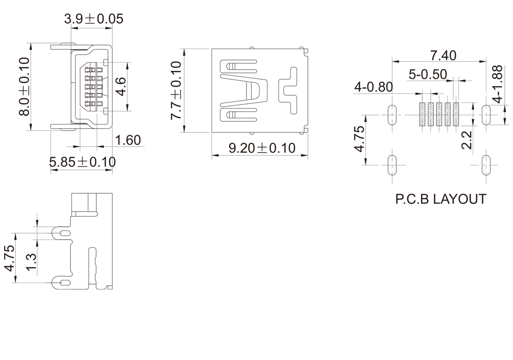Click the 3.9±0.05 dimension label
(x=93, y=19)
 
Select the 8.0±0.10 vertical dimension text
(x=24, y=87)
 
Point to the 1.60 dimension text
(x=128, y=140)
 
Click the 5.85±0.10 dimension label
(x=82, y=162)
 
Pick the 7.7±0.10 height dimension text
(x=176, y=90)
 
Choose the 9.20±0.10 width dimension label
(x=262, y=148)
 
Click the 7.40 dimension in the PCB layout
(x=443, y=55)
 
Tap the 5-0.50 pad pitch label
(x=428, y=74)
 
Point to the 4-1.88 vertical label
(x=498, y=84)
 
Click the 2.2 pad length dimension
(x=467, y=140)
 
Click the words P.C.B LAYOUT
(x=440, y=199)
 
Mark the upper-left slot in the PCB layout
(x=392, y=114)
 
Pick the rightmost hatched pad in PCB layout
(x=456, y=114)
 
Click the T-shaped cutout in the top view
(x=288, y=90)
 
